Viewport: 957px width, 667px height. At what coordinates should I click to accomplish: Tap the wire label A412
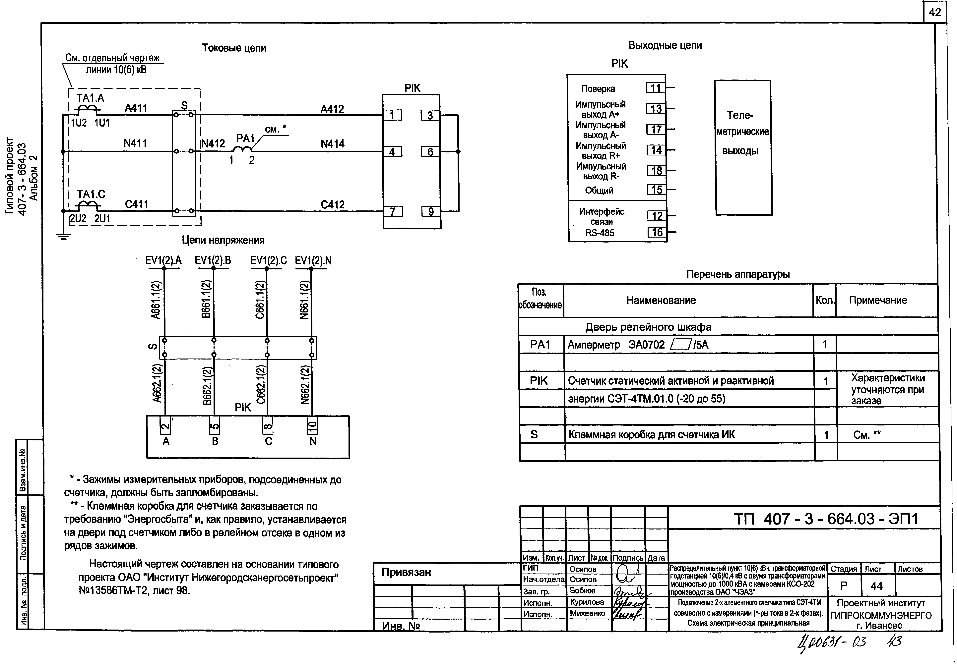point(332,109)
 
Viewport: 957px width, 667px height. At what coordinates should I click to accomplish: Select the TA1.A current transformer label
point(91,98)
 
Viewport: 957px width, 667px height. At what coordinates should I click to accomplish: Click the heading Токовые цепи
point(234,48)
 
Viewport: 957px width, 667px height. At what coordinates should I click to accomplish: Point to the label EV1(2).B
point(213,261)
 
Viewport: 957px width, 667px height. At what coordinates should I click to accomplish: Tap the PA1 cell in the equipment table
point(540,345)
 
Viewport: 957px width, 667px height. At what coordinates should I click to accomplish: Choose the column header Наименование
point(661,300)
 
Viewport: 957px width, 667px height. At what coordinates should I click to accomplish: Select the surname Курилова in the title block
point(587,602)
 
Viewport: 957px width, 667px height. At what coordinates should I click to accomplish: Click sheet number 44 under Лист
point(877,586)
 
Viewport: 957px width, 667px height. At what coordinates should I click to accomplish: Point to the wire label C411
point(137,204)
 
